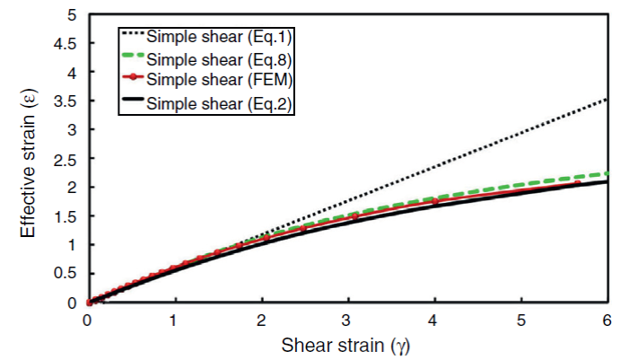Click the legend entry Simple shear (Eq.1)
pos(220,37)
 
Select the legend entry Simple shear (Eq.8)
pos(220,60)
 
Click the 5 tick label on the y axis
pos(71,14)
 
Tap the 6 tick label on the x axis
pos(607,320)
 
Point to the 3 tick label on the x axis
pos(347,320)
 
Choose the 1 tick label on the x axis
pos(174,320)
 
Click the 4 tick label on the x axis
pos(434,320)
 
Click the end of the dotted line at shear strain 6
pos(607,100)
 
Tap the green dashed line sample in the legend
pos(132,60)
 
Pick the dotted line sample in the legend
pos(132,37)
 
